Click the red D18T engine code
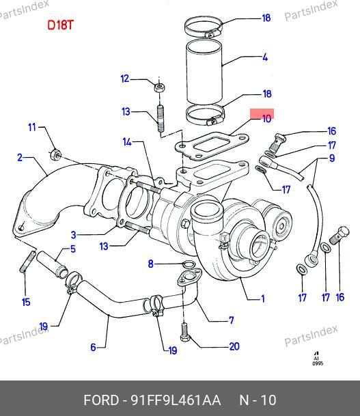pyautogui.click(x=60, y=25)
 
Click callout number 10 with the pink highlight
pyautogui.click(x=266, y=118)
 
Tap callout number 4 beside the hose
pyautogui.click(x=265, y=57)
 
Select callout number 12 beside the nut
pyautogui.click(x=125, y=79)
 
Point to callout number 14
pyautogui.click(x=127, y=142)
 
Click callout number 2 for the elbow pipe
pyautogui.click(x=20, y=158)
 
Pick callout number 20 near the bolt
pyautogui.click(x=234, y=346)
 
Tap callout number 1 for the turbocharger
pyautogui.click(x=263, y=299)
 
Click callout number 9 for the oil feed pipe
pyautogui.click(x=332, y=158)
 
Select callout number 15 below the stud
pyautogui.click(x=26, y=302)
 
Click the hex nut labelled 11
pyautogui.click(x=55, y=154)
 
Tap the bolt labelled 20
pyautogui.click(x=184, y=332)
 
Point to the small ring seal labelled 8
pyautogui.click(x=189, y=264)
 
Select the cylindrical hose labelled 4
pyautogui.click(x=204, y=72)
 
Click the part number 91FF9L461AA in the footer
pyautogui.click(x=176, y=400)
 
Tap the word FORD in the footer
pyautogui.click(x=101, y=400)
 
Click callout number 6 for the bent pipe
pyautogui.click(x=93, y=347)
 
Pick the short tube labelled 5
pyautogui.click(x=52, y=264)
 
